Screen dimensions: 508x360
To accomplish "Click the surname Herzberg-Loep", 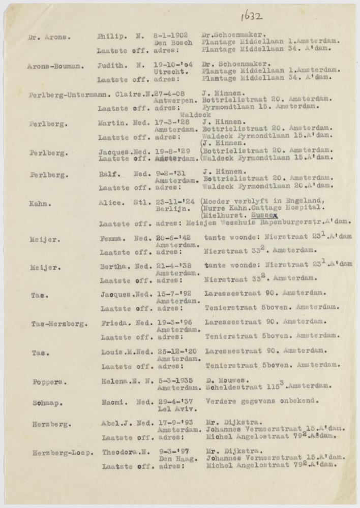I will (62, 451).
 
